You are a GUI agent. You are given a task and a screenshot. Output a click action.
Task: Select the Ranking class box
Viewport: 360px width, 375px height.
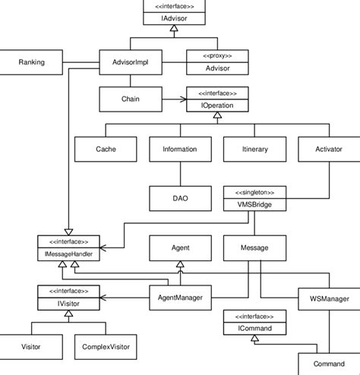pyautogui.click(x=31, y=62)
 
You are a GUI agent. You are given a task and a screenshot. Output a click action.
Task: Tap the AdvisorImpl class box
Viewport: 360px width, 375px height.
pyautogui.click(x=130, y=62)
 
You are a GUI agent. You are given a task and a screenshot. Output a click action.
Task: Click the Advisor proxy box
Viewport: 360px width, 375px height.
pyautogui.click(x=217, y=63)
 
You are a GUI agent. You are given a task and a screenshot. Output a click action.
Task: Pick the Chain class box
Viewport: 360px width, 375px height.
pyautogui.click(x=130, y=99)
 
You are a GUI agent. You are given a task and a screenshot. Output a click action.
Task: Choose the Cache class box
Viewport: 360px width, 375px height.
pyautogui.click(x=106, y=150)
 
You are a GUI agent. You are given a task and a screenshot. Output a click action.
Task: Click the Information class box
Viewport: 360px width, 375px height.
pyautogui.click(x=179, y=150)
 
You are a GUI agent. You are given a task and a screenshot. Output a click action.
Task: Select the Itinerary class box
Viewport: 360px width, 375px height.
pyautogui.click(x=254, y=150)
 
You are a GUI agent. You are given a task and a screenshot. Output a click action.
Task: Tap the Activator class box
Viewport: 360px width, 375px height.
pyautogui.click(x=328, y=150)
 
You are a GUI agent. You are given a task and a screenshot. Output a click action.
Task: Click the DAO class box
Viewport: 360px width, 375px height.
pyautogui.click(x=179, y=198)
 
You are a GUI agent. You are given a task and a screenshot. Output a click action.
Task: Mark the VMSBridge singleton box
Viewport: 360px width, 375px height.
pyautogui.click(x=254, y=198)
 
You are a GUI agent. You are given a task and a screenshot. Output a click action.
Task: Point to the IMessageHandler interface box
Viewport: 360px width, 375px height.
pyautogui.click(x=69, y=247)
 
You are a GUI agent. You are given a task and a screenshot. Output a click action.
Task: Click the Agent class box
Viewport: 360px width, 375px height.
pyautogui.click(x=179, y=248)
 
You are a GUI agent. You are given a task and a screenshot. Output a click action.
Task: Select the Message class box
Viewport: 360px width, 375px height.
pyautogui.click(x=254, y=248)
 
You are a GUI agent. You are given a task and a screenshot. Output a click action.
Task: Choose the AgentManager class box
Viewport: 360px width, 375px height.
pyautogui.click(x=179, y=298)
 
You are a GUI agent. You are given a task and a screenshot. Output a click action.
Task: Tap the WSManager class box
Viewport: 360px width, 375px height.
pyautogui.click(x=328, y=298)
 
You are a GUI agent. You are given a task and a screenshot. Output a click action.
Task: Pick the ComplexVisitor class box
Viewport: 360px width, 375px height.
pyautogui.click(x=105, y=346)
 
